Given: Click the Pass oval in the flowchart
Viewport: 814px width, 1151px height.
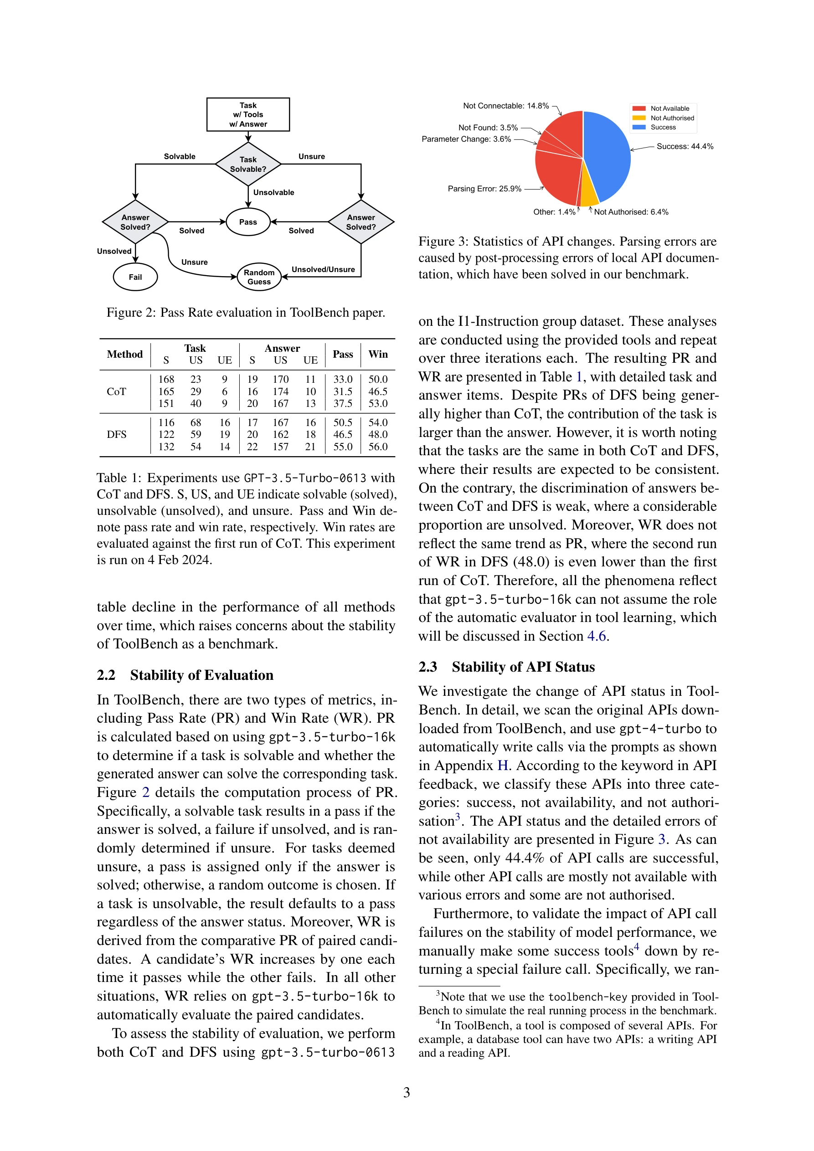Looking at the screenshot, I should point(248,221).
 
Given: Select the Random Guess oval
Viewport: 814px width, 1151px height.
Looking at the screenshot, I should point(259,277).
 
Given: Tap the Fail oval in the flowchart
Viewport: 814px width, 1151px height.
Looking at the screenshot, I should point(135,277).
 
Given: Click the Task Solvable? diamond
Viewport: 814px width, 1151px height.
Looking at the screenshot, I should point(248,164).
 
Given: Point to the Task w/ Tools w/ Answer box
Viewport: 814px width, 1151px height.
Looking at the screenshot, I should point(248,114).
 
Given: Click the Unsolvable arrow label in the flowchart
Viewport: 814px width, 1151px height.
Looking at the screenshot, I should point(273,192).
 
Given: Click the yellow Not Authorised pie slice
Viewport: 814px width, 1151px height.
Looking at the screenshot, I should point(588,190).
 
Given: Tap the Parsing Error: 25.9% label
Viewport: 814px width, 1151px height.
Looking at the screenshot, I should point(484,189).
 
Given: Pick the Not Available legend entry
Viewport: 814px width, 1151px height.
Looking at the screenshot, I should point(669,108).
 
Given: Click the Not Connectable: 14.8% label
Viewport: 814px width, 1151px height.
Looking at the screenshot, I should point(505,106).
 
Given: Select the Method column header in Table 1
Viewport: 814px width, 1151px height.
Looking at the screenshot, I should point(124,354).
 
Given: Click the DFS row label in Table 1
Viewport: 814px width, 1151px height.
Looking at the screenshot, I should point(116,434).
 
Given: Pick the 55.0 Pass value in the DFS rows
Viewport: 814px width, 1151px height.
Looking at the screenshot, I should point(343,447).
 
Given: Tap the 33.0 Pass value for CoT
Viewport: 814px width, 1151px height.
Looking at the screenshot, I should point(343,380).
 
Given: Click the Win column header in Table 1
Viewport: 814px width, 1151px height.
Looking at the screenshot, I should point(378,354).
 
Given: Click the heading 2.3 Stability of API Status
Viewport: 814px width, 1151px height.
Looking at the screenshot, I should point(506,667).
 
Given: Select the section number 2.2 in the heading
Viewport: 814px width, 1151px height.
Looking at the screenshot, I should point(106,675).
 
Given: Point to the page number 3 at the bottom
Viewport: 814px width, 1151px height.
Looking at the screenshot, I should point(406,1092).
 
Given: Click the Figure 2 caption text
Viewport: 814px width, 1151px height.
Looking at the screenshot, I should point(246,312).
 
